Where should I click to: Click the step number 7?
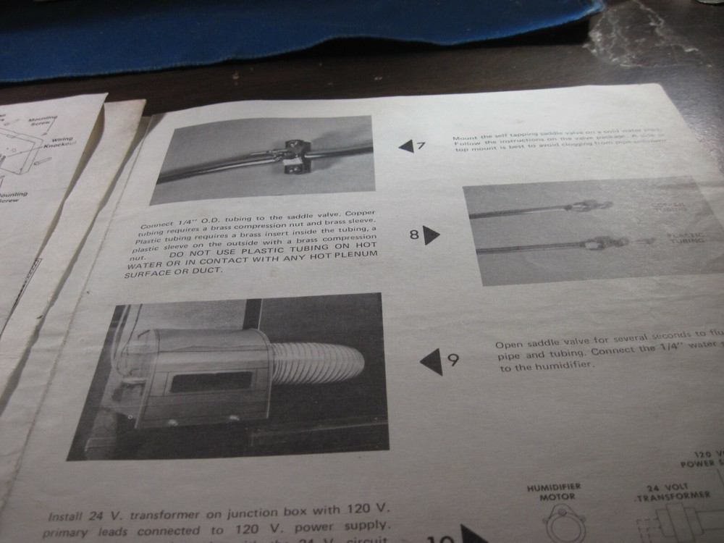[421, 146]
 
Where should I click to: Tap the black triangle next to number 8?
[432, 235]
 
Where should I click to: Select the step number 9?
[452, 360]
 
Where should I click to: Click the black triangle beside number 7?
[405, 146]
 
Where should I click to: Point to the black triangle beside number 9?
[432, 361]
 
